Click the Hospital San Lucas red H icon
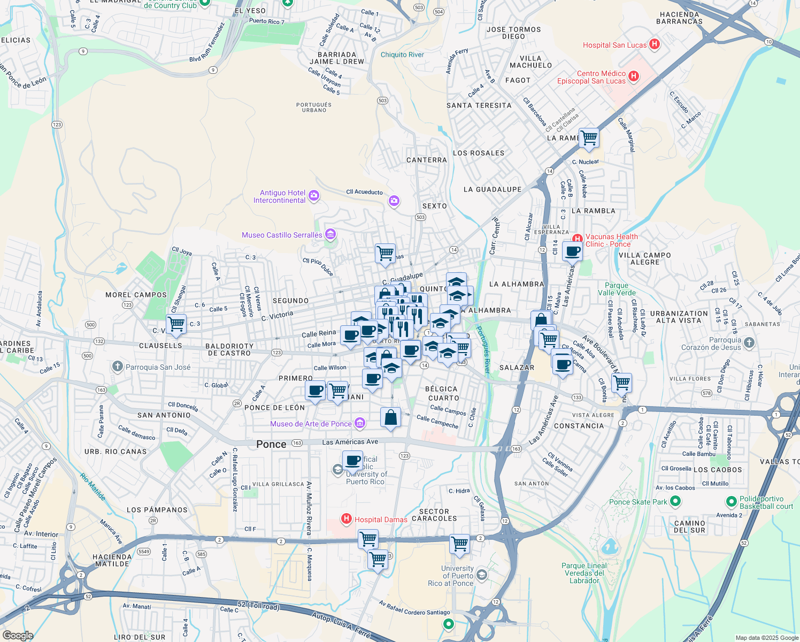point(654,45)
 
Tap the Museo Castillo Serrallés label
point(282,235)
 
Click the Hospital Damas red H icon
point(347,519)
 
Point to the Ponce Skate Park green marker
point(675,501)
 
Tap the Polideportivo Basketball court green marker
point(732,502)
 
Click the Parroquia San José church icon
point(118,366)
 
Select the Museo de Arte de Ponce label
point(311,424)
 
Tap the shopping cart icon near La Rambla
point(589,137)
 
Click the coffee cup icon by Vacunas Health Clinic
point(573,250)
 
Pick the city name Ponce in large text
point(271,444)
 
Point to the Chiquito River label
point(402,55)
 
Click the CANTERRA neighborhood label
point(426,160)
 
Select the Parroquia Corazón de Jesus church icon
point(749,343)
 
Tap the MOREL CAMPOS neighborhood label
point(136,295)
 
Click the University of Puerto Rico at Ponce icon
point(481,575)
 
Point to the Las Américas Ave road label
point(350,442)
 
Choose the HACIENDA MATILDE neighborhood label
point(112,560)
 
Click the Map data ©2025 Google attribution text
point(766,638)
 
